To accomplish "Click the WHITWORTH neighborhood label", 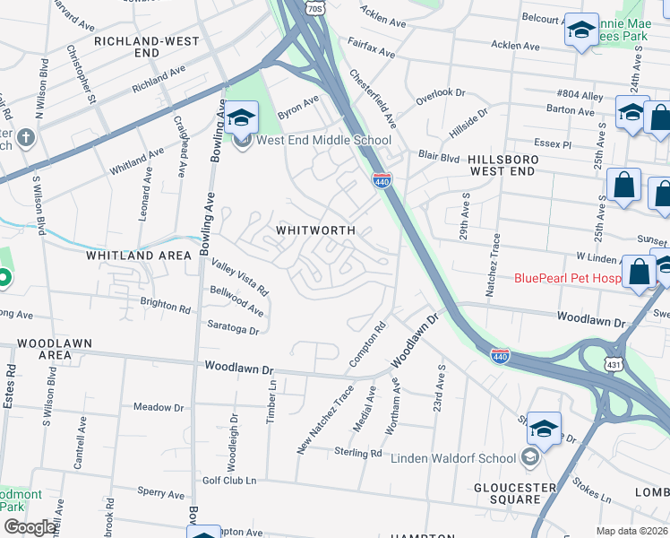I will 315,230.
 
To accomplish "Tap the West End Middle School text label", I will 323,140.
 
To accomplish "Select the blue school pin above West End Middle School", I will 241,117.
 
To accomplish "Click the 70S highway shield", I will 314,8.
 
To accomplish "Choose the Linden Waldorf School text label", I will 454,458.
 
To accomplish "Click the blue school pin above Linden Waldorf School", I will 544,429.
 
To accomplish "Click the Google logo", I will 30,527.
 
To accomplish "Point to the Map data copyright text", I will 631,531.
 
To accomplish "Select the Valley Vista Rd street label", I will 240,277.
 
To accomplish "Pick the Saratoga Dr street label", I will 232,327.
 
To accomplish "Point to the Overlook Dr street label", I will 441,92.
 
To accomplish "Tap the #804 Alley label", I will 580,94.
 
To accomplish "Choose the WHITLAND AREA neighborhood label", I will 139,256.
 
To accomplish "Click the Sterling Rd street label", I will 357,453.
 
